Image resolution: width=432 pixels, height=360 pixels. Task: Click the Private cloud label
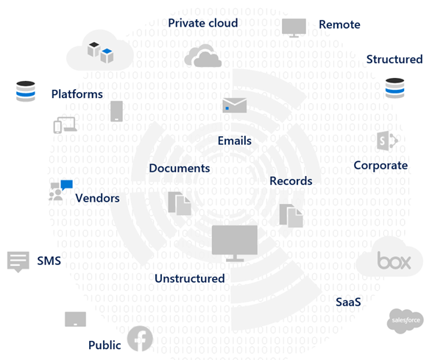click(203, 23)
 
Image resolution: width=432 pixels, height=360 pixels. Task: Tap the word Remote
click(339, 24)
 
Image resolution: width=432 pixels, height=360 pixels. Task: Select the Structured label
click(394, 60)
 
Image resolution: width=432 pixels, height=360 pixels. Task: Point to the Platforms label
click(77, 94)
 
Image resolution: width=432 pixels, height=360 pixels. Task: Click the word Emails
click(235, 141)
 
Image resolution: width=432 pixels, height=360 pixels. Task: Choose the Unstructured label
click(190, 278)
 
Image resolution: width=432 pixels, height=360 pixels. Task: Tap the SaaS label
click(348, 302)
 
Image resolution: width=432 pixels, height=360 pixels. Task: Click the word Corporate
click(380, 166)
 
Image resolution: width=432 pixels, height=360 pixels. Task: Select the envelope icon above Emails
click(235, 105)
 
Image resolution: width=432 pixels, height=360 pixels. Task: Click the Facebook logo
click(140, 339)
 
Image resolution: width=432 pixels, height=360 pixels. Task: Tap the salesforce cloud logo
click(406, 320)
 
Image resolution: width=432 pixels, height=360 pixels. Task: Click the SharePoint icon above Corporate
click(387, 141)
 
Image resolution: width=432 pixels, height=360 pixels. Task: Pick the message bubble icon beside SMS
click(18, 262)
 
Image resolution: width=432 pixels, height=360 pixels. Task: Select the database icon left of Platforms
click(26, 91)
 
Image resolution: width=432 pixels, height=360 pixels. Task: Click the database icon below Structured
click(394, 88)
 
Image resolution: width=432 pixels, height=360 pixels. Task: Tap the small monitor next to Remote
click(294, 27)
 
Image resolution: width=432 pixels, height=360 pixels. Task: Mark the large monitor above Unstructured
click(235, 243)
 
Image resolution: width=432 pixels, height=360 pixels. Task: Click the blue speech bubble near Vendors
click(67, 185)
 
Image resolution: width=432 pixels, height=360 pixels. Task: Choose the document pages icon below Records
click(291, 216)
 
